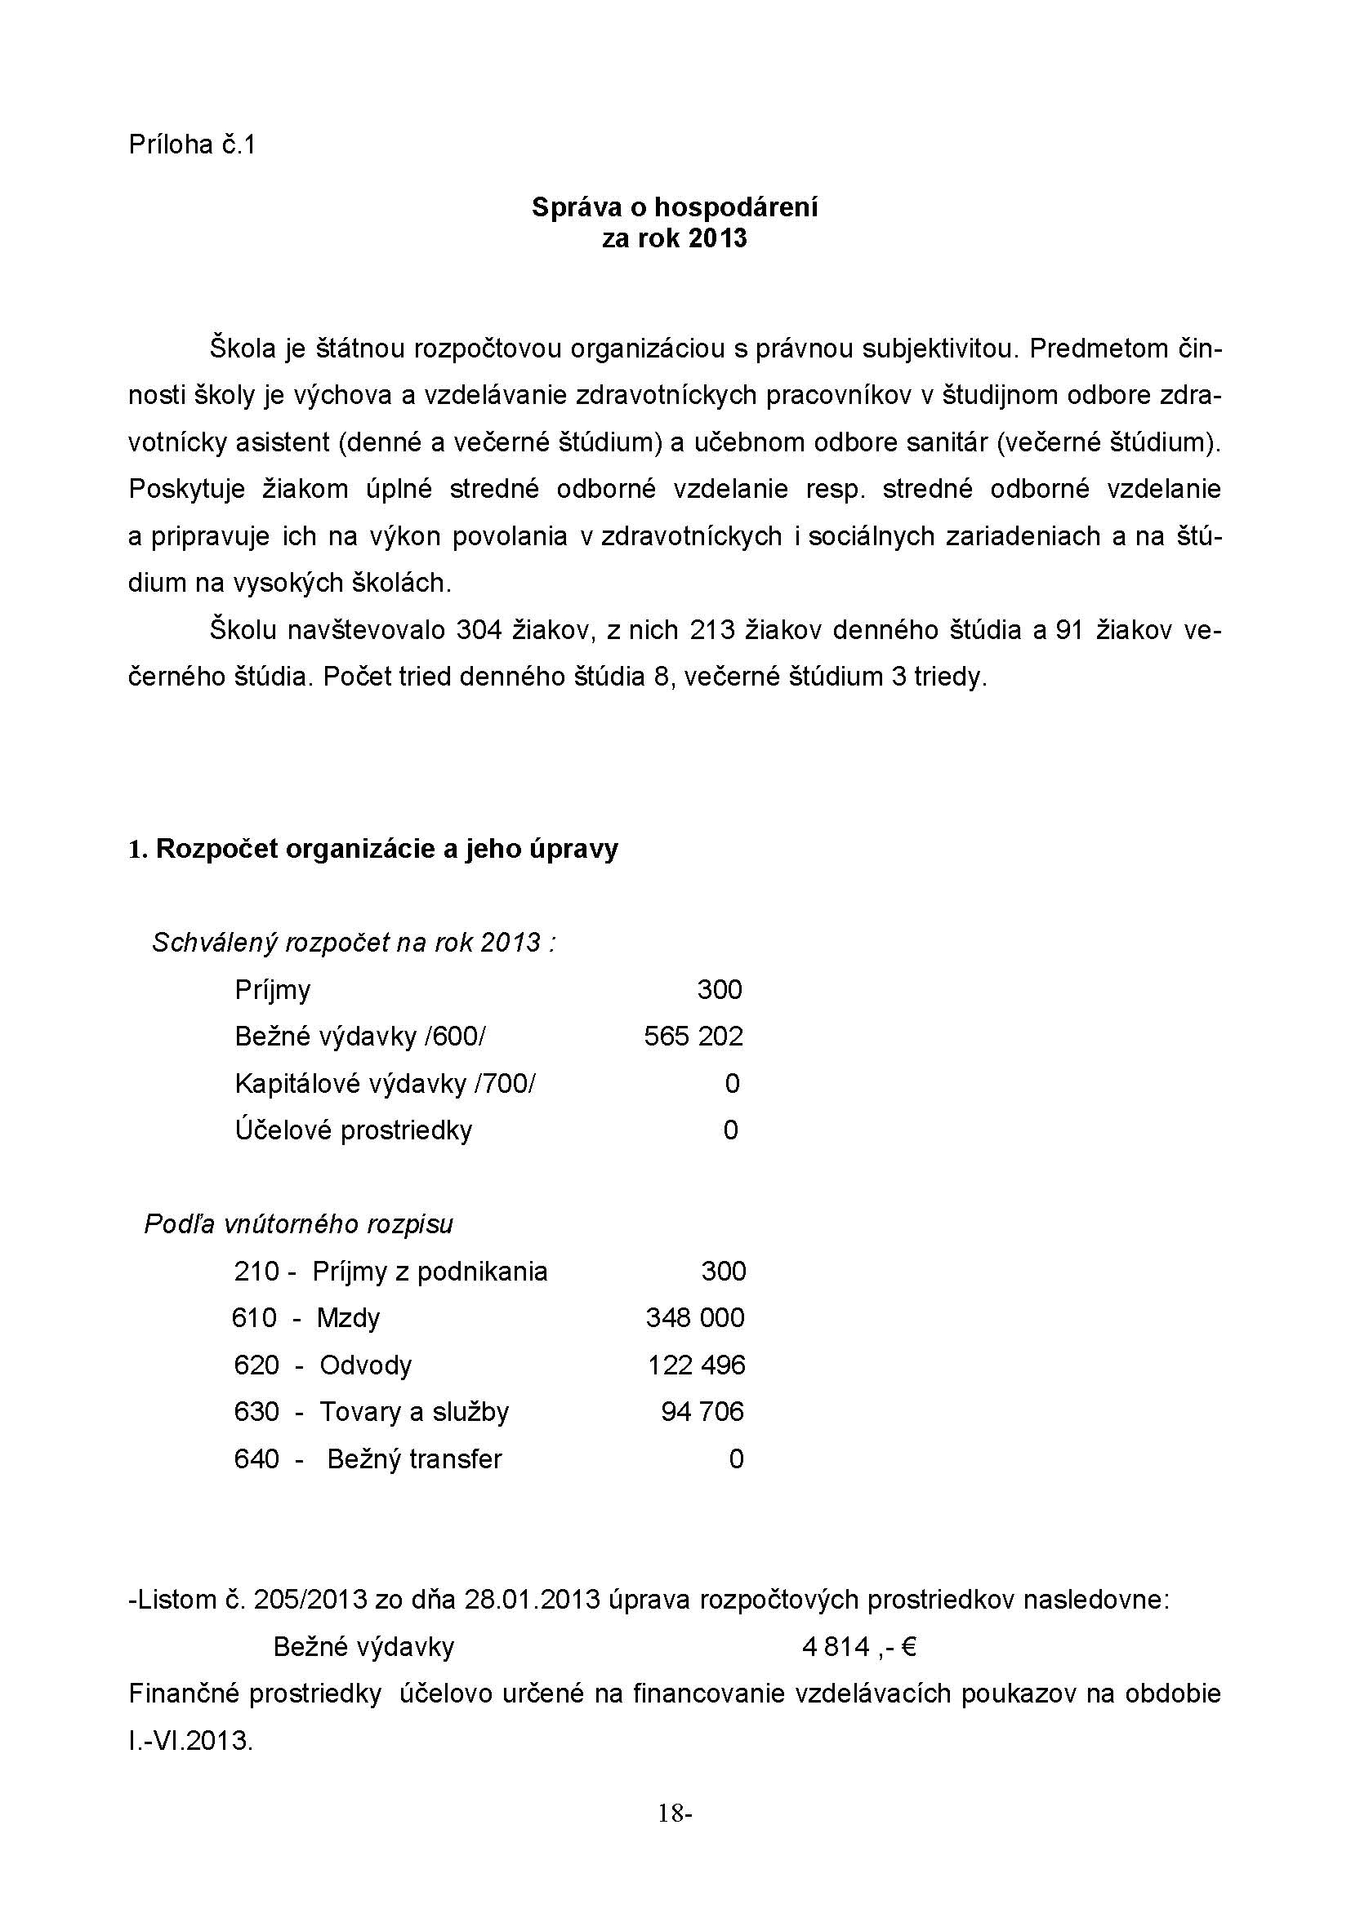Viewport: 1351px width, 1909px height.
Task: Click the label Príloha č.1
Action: pos(192,145)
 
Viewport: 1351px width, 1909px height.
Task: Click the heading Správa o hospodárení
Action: pos(675,207)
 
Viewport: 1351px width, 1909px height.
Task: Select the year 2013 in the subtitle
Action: pos(718,239)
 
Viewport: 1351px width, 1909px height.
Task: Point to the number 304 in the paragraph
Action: pos(479,630)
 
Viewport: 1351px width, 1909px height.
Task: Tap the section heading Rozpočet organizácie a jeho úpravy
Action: pos(386,849)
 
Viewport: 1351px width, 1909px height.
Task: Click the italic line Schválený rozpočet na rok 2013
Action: pos(353,942)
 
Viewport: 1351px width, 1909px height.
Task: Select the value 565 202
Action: pos(693,1036)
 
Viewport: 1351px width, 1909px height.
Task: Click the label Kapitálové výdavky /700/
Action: pos(386,1083)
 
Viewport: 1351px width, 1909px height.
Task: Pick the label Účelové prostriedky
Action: pos(354,1130)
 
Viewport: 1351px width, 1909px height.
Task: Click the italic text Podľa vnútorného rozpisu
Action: pos(299,1224)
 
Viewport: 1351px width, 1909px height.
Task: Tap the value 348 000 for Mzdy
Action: pos(694,1318)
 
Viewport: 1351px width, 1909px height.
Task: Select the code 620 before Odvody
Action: pos(256,1365)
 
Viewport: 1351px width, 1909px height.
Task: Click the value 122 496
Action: pos(696,1365)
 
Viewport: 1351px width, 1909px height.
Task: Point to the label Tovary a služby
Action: pos(413,1412)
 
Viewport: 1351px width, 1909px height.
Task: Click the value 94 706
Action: pos(702,1412)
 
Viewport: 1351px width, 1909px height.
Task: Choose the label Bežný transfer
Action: pos(414,1459)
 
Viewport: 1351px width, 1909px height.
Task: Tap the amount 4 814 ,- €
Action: pos(858,1647)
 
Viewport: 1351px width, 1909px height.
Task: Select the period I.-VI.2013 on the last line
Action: pos(190,1741)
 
